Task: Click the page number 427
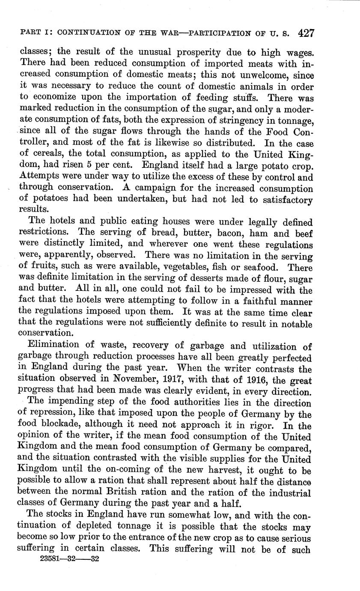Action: (x=306, y=33)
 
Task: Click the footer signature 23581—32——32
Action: (x=69, y=559)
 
